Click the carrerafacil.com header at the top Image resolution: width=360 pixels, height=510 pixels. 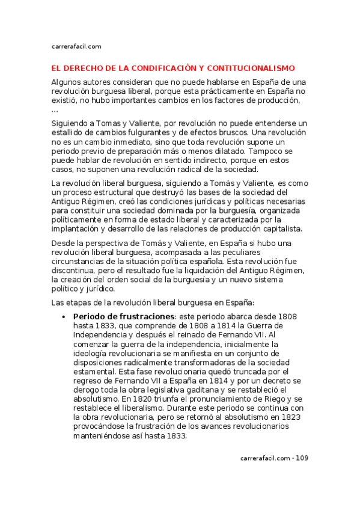coord(76,46)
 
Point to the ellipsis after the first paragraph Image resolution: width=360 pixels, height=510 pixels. coord(55,110)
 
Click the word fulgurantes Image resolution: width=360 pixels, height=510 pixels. coord(154,132)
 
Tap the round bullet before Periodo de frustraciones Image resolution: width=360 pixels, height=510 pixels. coord(64,316)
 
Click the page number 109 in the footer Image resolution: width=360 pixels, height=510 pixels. coord(302,459)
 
